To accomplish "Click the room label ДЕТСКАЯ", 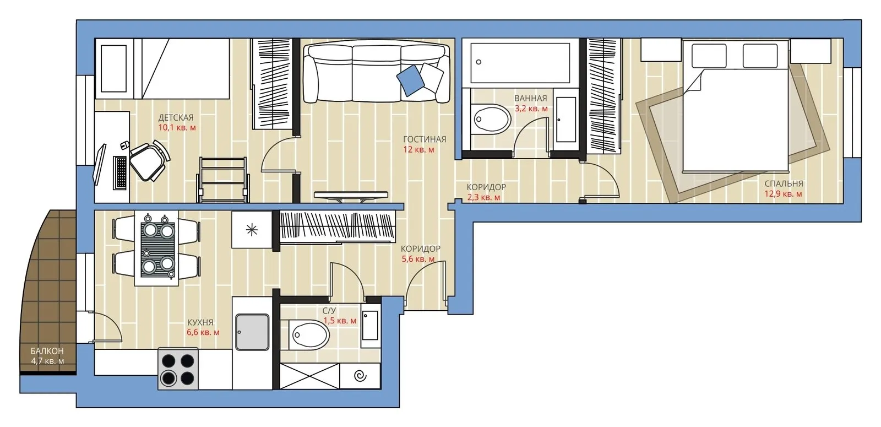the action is (176, 118).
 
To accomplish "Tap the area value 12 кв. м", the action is (418, 149).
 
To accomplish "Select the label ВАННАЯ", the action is (531, 99).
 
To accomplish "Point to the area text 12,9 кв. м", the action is (783, 194).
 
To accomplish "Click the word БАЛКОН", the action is (47, 350).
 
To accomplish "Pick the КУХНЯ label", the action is (200, 322).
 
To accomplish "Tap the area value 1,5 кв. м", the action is (340, 321).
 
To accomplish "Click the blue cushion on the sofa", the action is (411, 80).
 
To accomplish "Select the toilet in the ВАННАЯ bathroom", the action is (491, 118).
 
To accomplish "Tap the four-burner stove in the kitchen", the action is (178, 368).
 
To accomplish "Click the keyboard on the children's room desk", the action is (121, 172).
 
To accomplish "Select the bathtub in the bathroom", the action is (520, 63).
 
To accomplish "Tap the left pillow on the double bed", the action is (709, 56).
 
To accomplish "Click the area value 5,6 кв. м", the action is (418, 260).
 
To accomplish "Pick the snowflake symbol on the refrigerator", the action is (252, 230).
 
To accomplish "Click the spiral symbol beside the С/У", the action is (360, 376).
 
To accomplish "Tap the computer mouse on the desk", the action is (124, 144).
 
